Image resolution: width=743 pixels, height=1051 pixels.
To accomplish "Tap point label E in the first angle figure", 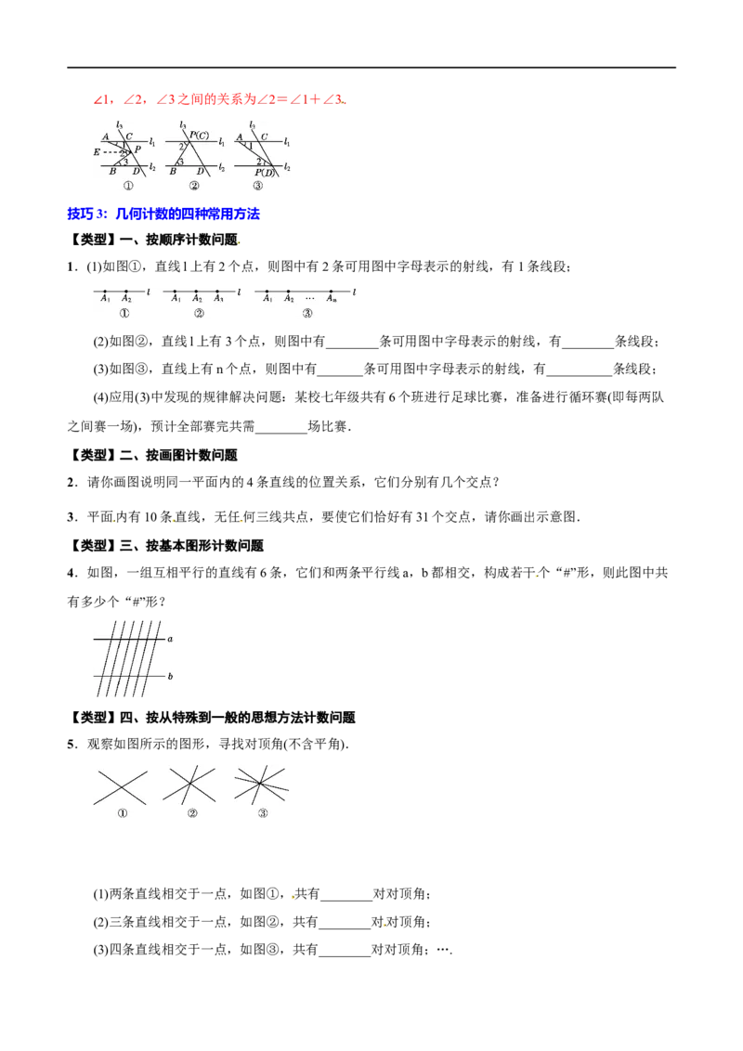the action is click(x=97, y=152).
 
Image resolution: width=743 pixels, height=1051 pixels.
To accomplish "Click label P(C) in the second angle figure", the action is click(x=199, y=136).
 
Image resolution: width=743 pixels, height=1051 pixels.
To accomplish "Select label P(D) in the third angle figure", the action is click(x=264, y=173).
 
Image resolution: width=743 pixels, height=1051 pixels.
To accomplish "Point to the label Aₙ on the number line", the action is click(x=332, y=299).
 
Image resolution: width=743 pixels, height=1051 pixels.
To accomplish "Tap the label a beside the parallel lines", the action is click(x=170, y=639).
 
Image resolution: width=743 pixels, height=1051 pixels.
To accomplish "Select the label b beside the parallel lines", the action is click(x=170, y=676).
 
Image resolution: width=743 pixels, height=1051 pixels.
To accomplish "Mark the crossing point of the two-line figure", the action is click(x=121, y=786).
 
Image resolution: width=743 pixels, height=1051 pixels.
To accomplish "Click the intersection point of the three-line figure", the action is click(x=189, y=784).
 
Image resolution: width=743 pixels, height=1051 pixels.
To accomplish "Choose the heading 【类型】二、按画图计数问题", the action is click(x=152, y=455).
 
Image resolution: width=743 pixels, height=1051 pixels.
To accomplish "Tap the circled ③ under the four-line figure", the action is click(x=263, y=813).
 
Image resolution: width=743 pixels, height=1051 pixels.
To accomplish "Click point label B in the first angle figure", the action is click(x=112, y=172).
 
